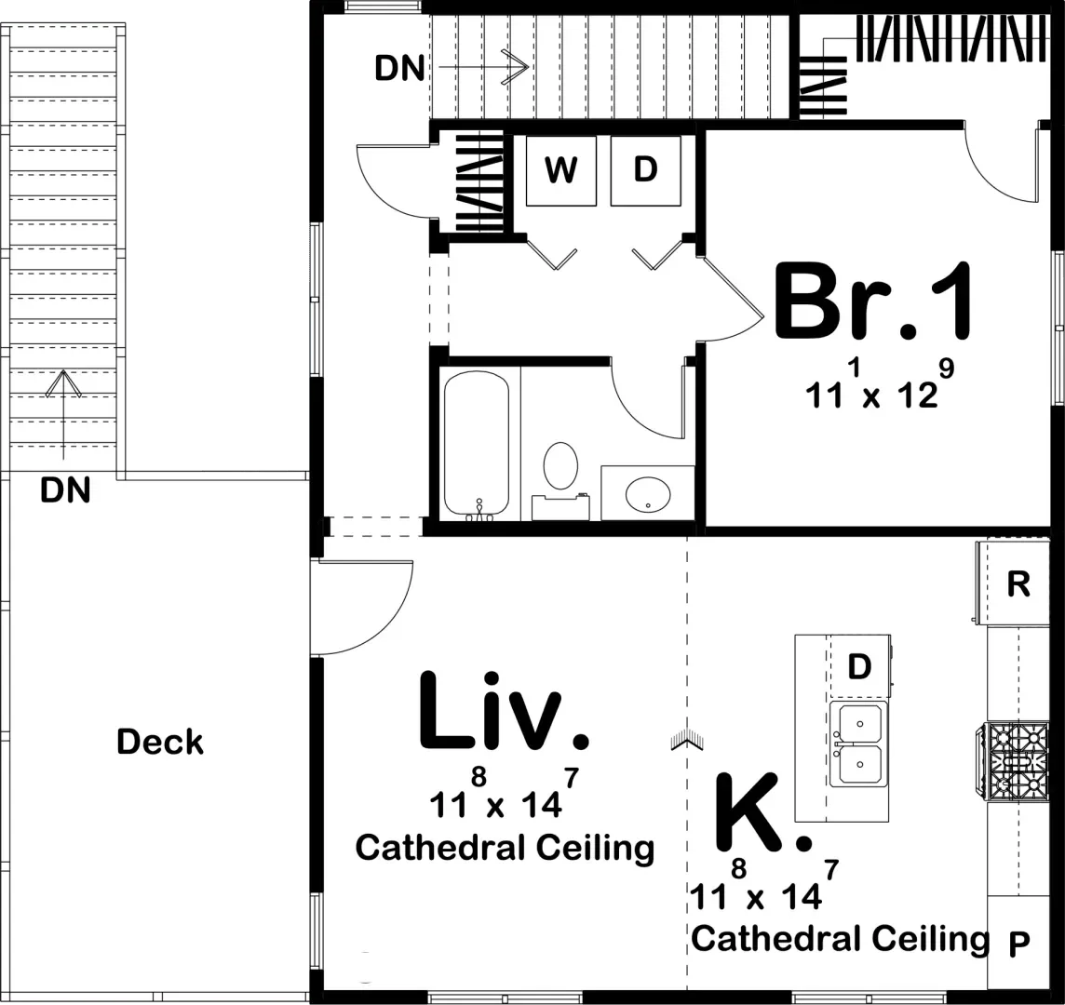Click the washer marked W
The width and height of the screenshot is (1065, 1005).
coord(560,170)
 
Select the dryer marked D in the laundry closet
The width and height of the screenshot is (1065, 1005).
coord(645,170)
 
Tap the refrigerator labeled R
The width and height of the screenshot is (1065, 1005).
coord(1018,583)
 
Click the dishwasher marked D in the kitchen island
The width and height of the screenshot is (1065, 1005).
coord(859,667)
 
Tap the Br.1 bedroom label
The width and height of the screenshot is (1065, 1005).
coord(874,301)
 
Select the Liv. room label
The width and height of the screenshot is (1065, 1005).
coord(503,711)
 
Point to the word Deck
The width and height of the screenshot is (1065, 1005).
coord(160,742)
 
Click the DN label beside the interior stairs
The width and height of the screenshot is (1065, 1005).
coord(399,69)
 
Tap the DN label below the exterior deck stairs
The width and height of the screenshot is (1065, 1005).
coord(65,489)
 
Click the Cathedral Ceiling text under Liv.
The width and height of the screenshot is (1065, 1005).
coord(505,848)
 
